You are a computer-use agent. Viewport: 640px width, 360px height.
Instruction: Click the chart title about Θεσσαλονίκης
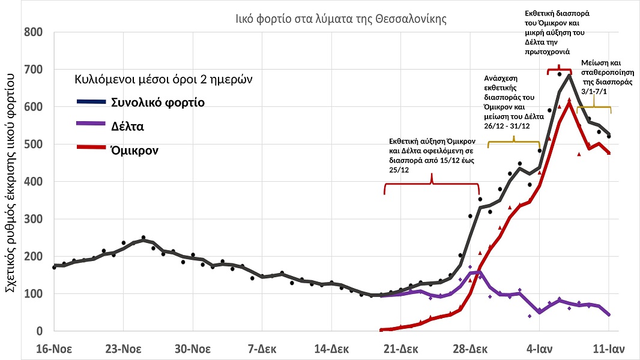(x=341, y=18)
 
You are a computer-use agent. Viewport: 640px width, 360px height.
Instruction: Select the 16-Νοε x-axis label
(x=53, y=349)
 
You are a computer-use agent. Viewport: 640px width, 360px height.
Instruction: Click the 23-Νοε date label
(x=123, y=349)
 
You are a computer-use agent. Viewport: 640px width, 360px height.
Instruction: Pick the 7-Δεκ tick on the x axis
(x=262, y=349)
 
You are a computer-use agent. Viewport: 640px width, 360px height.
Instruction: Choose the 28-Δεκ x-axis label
(x=469, y=349)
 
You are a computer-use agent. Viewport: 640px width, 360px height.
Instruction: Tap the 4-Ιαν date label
(x=539, y=349)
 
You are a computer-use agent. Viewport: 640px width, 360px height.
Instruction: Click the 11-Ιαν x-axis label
(x=609, y=349)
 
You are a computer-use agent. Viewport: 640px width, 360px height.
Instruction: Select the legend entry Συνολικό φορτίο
(x=158, y=103)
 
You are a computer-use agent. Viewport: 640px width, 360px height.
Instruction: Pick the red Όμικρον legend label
(x=134, y=150)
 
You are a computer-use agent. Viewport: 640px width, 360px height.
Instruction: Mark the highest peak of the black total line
(x=569, y=74)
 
